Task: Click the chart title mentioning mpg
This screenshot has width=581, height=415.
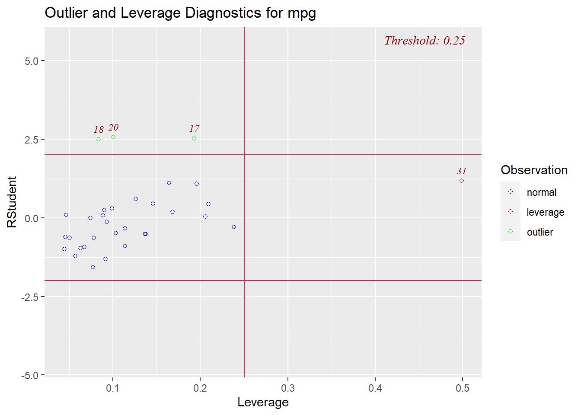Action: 180,13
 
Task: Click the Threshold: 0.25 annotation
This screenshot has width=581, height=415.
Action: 425,41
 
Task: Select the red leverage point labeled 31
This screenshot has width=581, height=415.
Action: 462,181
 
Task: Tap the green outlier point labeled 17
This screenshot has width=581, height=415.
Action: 194,138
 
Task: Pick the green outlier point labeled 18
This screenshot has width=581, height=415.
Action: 99,139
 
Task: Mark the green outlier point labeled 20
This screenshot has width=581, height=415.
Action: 113,137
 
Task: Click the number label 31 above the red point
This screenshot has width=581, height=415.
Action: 462,171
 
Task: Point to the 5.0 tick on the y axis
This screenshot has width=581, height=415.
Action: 32,61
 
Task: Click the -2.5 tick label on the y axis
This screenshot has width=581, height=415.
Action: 30,297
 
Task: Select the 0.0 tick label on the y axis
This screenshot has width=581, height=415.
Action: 32,218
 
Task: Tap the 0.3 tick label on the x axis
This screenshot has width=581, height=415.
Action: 288,388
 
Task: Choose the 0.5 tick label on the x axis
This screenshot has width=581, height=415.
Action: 463,388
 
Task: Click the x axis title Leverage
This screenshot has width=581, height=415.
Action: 263,402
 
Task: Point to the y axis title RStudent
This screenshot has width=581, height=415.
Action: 12,202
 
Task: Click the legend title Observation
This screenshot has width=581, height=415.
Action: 534,170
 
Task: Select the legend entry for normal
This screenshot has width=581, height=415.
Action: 541,192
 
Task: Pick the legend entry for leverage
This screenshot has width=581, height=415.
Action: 545,212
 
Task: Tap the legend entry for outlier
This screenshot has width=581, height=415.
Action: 539,232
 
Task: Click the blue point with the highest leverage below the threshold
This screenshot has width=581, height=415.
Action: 234,227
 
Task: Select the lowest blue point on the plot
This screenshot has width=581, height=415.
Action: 93,267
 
